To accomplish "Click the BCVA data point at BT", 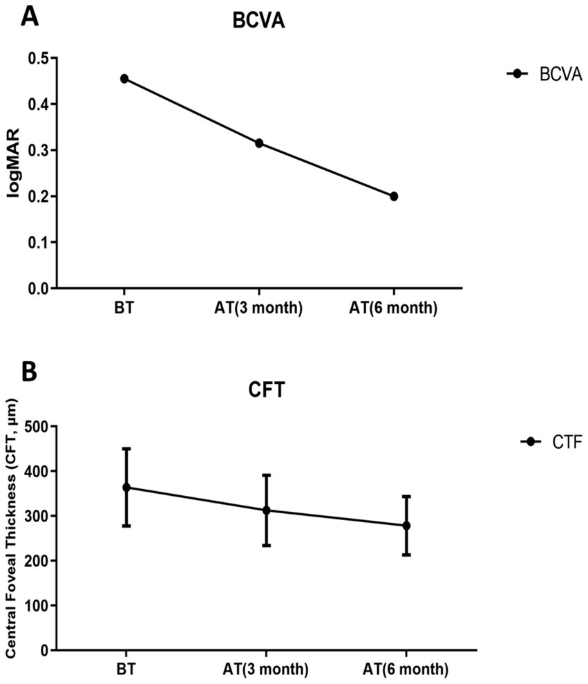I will coord(124,79).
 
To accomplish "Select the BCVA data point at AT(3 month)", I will coord(259,143).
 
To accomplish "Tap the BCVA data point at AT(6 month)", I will coord(394,196).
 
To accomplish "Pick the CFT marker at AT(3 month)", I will coord(266,510).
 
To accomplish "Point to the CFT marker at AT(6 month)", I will coord(406,526).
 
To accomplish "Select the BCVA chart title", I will coord(258,22).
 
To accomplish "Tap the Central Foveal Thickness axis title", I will coord(12,538).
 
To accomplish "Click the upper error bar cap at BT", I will coord(126,449).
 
